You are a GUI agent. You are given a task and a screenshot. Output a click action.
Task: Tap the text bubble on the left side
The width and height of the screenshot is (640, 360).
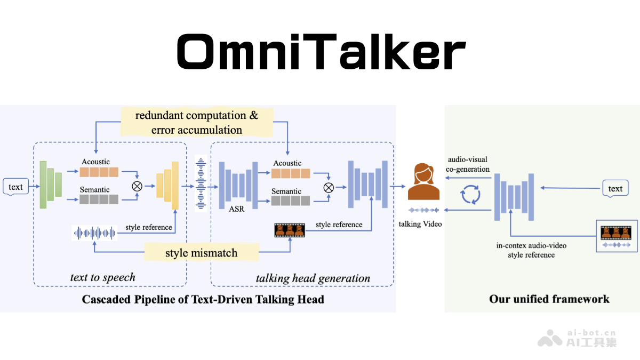(15, 187)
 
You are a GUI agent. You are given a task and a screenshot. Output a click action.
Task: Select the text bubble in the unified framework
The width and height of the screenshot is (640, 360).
(615, 188)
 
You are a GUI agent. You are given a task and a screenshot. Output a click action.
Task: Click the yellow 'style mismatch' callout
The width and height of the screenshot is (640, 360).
(201, 252)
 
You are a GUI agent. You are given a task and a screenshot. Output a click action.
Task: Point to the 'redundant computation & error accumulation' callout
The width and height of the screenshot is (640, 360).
(197, 122)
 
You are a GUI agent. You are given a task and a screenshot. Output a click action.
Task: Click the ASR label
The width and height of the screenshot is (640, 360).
(236, 209)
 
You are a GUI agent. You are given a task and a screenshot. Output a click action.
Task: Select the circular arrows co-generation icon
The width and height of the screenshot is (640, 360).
(471, 195)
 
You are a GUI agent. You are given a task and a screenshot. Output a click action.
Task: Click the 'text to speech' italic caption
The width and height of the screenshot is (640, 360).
(103, 277)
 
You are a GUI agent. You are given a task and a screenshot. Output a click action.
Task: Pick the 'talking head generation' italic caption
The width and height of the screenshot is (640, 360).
(313, 278)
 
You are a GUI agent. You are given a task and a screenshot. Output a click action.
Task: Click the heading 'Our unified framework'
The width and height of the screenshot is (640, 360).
(549, 299)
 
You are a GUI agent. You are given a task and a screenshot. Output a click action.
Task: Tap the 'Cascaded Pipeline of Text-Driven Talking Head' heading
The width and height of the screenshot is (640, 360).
(203, 299)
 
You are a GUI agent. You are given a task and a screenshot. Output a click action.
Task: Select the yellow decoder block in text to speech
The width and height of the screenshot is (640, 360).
(167, 185)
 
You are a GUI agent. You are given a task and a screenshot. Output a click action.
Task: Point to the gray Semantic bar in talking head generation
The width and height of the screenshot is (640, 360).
(290, 201)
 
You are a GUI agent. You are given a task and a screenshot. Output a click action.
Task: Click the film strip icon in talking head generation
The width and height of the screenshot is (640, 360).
(289, 230)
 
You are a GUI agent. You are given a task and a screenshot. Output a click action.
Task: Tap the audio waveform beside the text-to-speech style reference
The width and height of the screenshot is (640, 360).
(94, 233)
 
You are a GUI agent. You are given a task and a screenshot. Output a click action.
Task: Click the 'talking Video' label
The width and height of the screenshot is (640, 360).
(420, 224)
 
